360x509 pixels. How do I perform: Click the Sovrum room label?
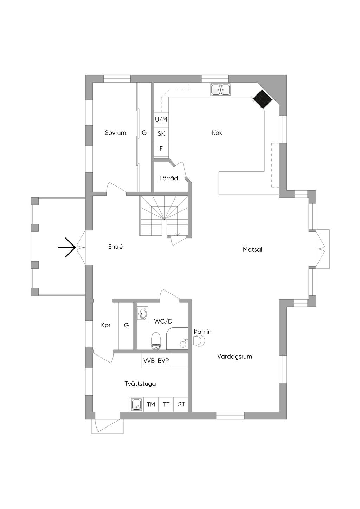tap(115, 133)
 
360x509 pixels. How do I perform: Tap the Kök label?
tap(217, 133)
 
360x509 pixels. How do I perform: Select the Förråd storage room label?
tap(168, 178)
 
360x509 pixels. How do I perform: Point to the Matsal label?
tap(252, 249)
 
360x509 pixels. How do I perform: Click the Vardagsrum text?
tap(234, 357)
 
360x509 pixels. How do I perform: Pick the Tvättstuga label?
tap(140, 384)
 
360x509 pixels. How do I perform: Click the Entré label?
tap(115, 247)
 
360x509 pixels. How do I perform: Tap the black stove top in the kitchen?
tap(263, 98)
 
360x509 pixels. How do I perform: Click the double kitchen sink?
tap(220, 90)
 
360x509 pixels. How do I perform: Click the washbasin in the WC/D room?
tap(142, 314)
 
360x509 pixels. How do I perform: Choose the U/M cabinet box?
tap(161, 119)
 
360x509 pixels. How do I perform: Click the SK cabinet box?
tap(161, 134)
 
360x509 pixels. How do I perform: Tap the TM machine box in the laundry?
tap(151, 404)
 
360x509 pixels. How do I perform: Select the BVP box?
tap(163, 361)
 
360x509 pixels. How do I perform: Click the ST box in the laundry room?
tap(181, 404)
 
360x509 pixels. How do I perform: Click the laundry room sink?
tap(136, 405)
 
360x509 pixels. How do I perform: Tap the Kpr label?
tap(106, 325)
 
